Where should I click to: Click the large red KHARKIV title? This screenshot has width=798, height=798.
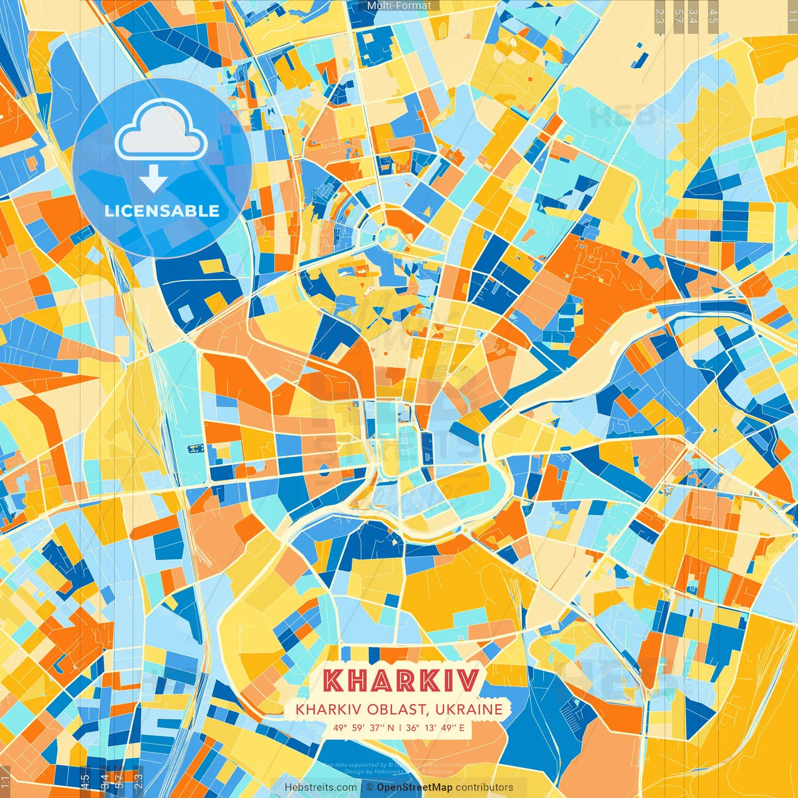[402, 680]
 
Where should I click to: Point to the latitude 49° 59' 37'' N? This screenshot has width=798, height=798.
[363, 728]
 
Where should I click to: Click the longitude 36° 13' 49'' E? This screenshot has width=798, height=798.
[435, 728]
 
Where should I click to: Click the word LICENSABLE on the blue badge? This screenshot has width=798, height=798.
[162, 211]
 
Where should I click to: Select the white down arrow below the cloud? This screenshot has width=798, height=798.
[153, 178]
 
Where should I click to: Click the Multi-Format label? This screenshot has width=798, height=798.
[399, 6]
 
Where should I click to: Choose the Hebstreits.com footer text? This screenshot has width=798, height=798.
[321, 787]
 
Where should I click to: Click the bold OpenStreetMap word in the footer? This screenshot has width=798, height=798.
[415, 787]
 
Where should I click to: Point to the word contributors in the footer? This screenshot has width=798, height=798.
[484, 787]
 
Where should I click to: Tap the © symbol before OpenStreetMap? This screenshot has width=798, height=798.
[370, 787]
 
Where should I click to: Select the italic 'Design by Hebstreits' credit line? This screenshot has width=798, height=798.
[399, 771]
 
